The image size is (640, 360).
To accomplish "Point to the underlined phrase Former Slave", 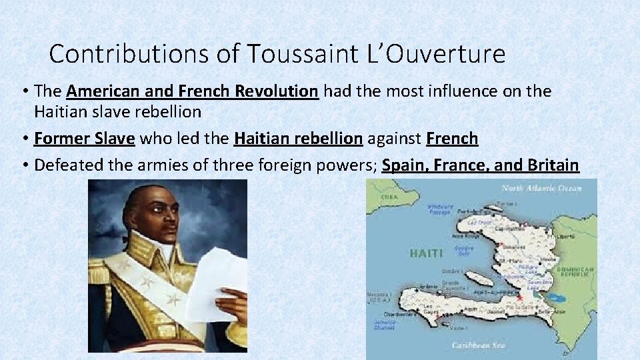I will (85, 139).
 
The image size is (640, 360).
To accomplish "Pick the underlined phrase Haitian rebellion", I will (298, 139).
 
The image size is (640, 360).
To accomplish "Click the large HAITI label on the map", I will (425, 253).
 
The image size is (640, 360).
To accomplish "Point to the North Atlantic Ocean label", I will (541, 188).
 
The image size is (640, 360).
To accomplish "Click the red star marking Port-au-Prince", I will (519, 298).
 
